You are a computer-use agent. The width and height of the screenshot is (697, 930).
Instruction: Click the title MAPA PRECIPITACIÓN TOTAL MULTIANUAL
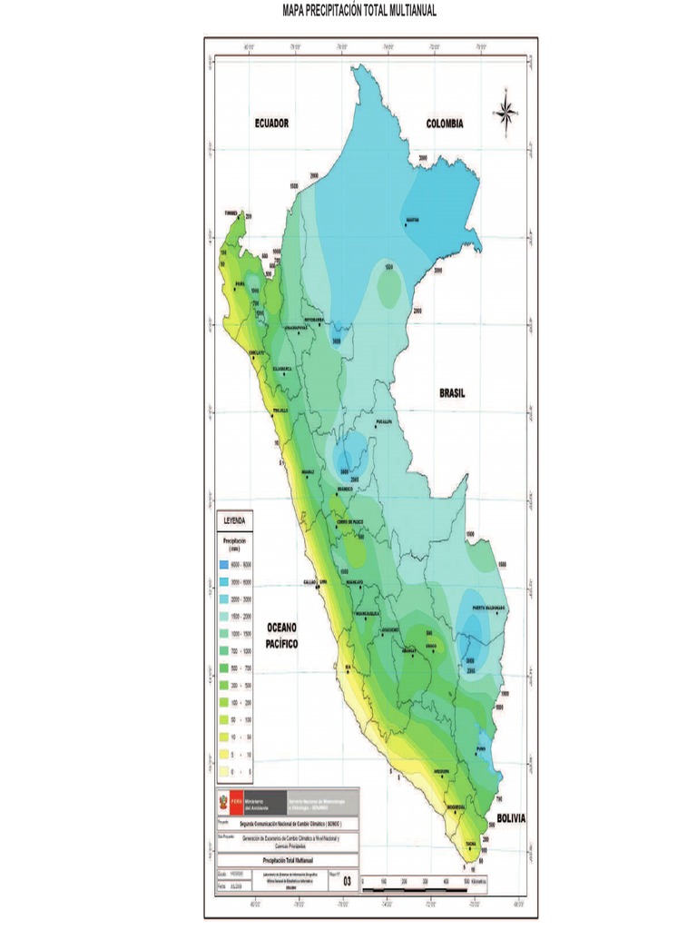click(348, 11)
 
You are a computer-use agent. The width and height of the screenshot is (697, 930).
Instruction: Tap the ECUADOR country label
click(271, 124)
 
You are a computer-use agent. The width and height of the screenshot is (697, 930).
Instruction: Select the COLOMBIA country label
click(446, 124)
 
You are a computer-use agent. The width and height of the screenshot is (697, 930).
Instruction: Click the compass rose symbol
click(506, 112)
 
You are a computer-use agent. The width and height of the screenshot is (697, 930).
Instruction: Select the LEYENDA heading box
click(235, 521)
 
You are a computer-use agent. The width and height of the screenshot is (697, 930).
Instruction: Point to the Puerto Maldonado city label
click(487, 608)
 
